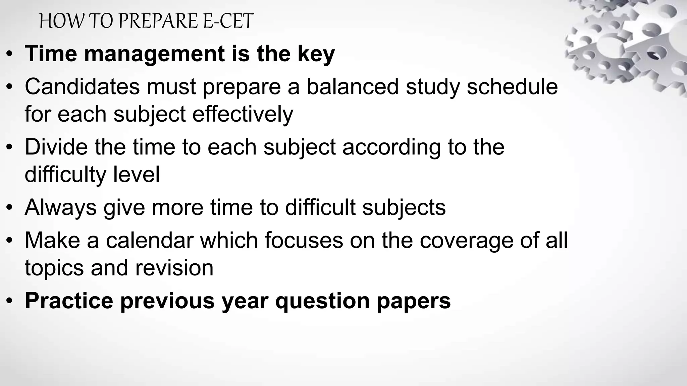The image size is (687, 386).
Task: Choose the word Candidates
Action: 82,86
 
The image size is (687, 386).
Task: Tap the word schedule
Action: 512,86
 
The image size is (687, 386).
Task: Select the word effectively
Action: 243,114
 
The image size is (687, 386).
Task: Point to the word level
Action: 136,174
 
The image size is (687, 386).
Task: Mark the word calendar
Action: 150,240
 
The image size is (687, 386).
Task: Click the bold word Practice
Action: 69,301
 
